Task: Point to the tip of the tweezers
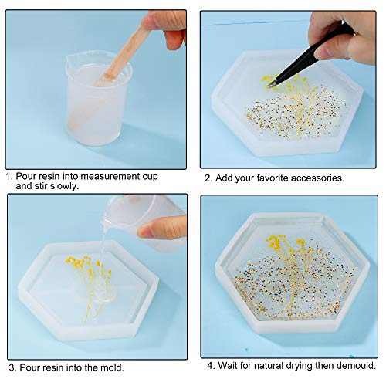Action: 268,86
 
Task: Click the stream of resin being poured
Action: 103,247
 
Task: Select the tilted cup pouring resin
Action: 144,222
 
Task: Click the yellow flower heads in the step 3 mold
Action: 87,265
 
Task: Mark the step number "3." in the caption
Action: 12,367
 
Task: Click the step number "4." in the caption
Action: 212,366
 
